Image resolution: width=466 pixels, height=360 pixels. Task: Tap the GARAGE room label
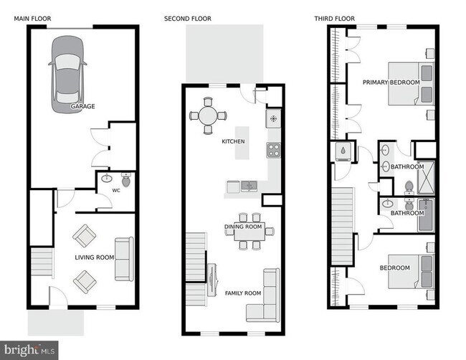coord(82,106)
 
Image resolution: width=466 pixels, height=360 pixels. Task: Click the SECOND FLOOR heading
coord(188,18)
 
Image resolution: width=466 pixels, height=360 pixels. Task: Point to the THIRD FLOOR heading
coord(333,18)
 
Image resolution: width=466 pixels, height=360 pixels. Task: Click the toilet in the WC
coord(126,180)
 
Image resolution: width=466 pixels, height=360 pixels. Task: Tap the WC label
coord(115,191)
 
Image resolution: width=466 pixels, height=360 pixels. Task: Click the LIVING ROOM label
coord(95,257)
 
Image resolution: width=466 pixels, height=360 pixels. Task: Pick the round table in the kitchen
coord(208,115)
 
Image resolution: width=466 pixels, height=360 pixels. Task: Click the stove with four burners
coord(273,150)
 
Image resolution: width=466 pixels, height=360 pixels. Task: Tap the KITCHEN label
coord(233,141)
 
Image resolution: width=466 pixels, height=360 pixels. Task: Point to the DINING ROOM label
coord(242,227)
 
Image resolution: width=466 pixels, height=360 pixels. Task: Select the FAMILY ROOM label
coord(243,293)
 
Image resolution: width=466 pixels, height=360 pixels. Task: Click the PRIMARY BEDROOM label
coord(391,82)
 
